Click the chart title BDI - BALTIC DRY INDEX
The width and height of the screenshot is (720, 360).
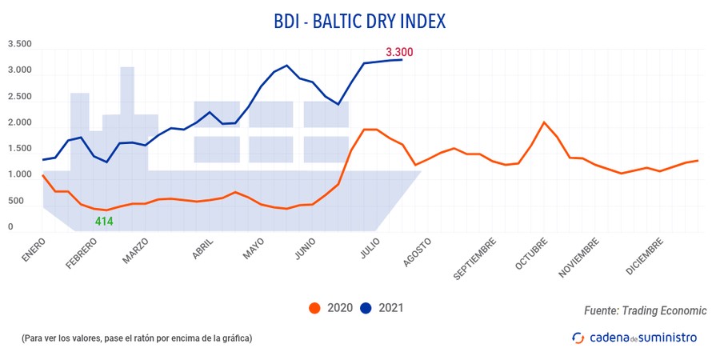[x=360, y=20]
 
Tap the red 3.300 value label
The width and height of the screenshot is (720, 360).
[x=399, y=52]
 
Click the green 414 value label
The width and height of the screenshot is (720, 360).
[x=104, y=221]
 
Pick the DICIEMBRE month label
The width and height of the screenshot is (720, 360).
[x=645, y=254]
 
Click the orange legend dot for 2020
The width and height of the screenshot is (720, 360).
[x=315, y=308]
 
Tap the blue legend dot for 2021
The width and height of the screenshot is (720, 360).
[x=367, y=308]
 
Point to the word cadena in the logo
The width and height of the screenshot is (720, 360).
[x=611, y=338]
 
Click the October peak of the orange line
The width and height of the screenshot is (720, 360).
[x=544, y=122]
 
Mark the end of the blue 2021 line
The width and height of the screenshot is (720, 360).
[x=401, y=59]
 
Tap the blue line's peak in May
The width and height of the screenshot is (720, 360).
[x=286, y=66]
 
